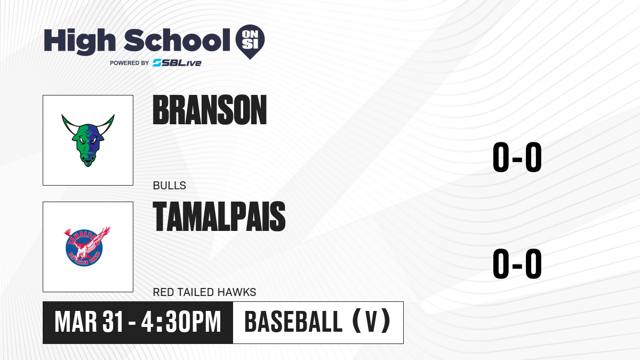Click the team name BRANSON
pyautogui.click(x=210, y=110)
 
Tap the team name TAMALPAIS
pyautogui.click(x=219, y=217)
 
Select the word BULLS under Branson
pyautogui.click(x=170, y=186)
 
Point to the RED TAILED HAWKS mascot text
pyautogui.click(x=205, y=292)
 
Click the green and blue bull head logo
pyautogui.click(x=88, y=140)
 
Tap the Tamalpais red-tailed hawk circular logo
pyautogui.click(x=86, y=246)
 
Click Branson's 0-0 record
pyautogui.click(x=517, y=157)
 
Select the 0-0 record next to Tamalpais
pyautogui.click(x=517, y=263)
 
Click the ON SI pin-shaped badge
pyautogui.click(x=250, y=42)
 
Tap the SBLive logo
pyautogui.click(x=177, y=63)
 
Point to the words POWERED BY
pyautogui.click(x=130, y=63)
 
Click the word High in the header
pyautogui.click(x=79, y=42)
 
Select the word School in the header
pyautogui.click(x=177, y=40)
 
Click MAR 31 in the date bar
pyautogui.click(x=89, y=322)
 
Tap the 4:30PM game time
pyautogui.click(x=181, y=322)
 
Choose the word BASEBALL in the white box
pyautogui.click(x=293, y=322)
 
